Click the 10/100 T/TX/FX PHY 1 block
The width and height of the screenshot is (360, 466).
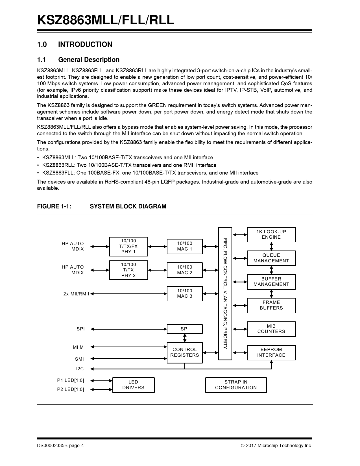click(x=128, y=246)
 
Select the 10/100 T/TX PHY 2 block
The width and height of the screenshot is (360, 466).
click(x=128, y=270)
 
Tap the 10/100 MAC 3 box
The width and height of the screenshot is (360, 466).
click(x=185, y=294)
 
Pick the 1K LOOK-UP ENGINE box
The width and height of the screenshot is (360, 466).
click(x=271, y=234)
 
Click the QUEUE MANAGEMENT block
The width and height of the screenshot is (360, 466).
click(x=271, y=258)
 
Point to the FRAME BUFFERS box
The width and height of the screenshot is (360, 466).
click(x=271, y=305)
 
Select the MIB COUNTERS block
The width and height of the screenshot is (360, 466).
click(x=271, y=329)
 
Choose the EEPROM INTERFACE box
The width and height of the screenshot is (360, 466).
click(x=271, y=352)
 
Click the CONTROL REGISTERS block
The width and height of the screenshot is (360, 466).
click(x=185, y=352)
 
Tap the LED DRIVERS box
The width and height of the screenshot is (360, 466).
click(x=133, y=385)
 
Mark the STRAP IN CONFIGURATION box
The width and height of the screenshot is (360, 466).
click(x=236, y=385)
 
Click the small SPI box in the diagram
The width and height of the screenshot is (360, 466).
click(x=185, y=329)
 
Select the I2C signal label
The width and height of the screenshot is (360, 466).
click(x=80, y=369)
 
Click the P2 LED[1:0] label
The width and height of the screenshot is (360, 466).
click(x=71, y=389)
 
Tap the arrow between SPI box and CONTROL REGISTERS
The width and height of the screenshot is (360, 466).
click(x=185, y=338)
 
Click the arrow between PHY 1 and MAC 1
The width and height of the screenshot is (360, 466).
click(x=157, y=247)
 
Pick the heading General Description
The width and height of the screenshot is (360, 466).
click(x=89, y=60)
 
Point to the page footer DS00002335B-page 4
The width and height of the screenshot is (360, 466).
click(x=60, y=446)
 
